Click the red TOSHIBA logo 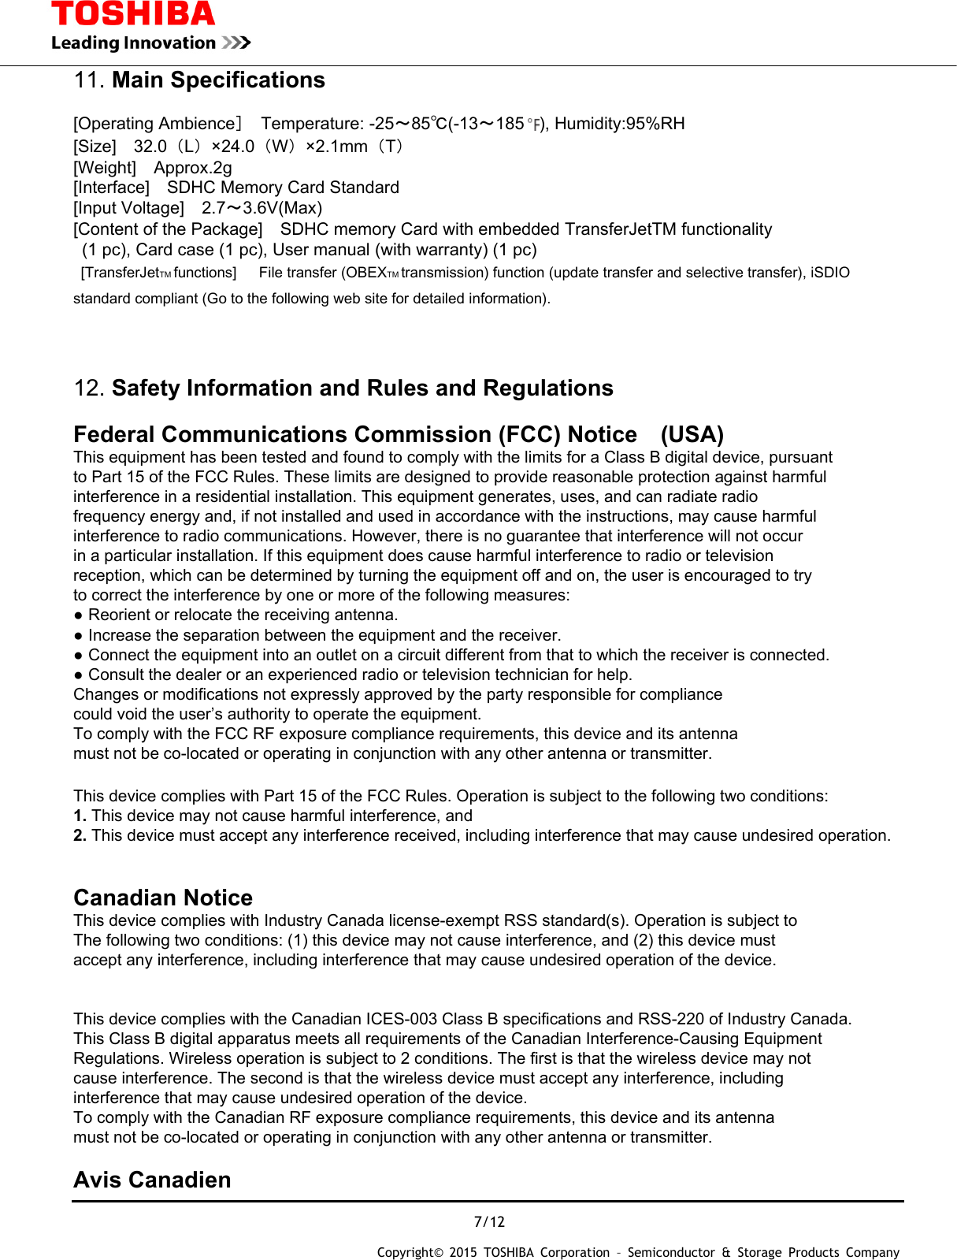pyautogui.click(x=133, y=14)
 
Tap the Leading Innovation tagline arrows pyautogui.click(x=236, y=43)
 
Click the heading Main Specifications pyautogui.click(x=218, y=80)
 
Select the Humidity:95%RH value pyautogui.click(x=620, y=124)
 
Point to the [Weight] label pyautogui.click(x=105, y=168)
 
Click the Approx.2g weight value pyautogui.click(x=193, y=168)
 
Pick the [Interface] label pyautogui.click(x=111, y=188)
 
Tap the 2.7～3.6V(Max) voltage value pyautogui.click(x=262, y=208)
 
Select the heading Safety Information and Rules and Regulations pyautogui.click(x=362, y=388)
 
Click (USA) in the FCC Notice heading pyautogui.click(x=692, y=435)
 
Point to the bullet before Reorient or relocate pyautogui.click(x=79, y=615)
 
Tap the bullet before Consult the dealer pyautogui.click(x=79, y=675)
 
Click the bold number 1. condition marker pyautogui.click(x=80, y=816)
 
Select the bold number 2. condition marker pyautogui.click(x=80, y=836)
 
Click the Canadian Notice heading pyautogui.click(x=163, y=898)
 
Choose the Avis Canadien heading pyautogui.click(x=152, y=1180)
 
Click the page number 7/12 pyautogui.click(x=489, y=1222)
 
